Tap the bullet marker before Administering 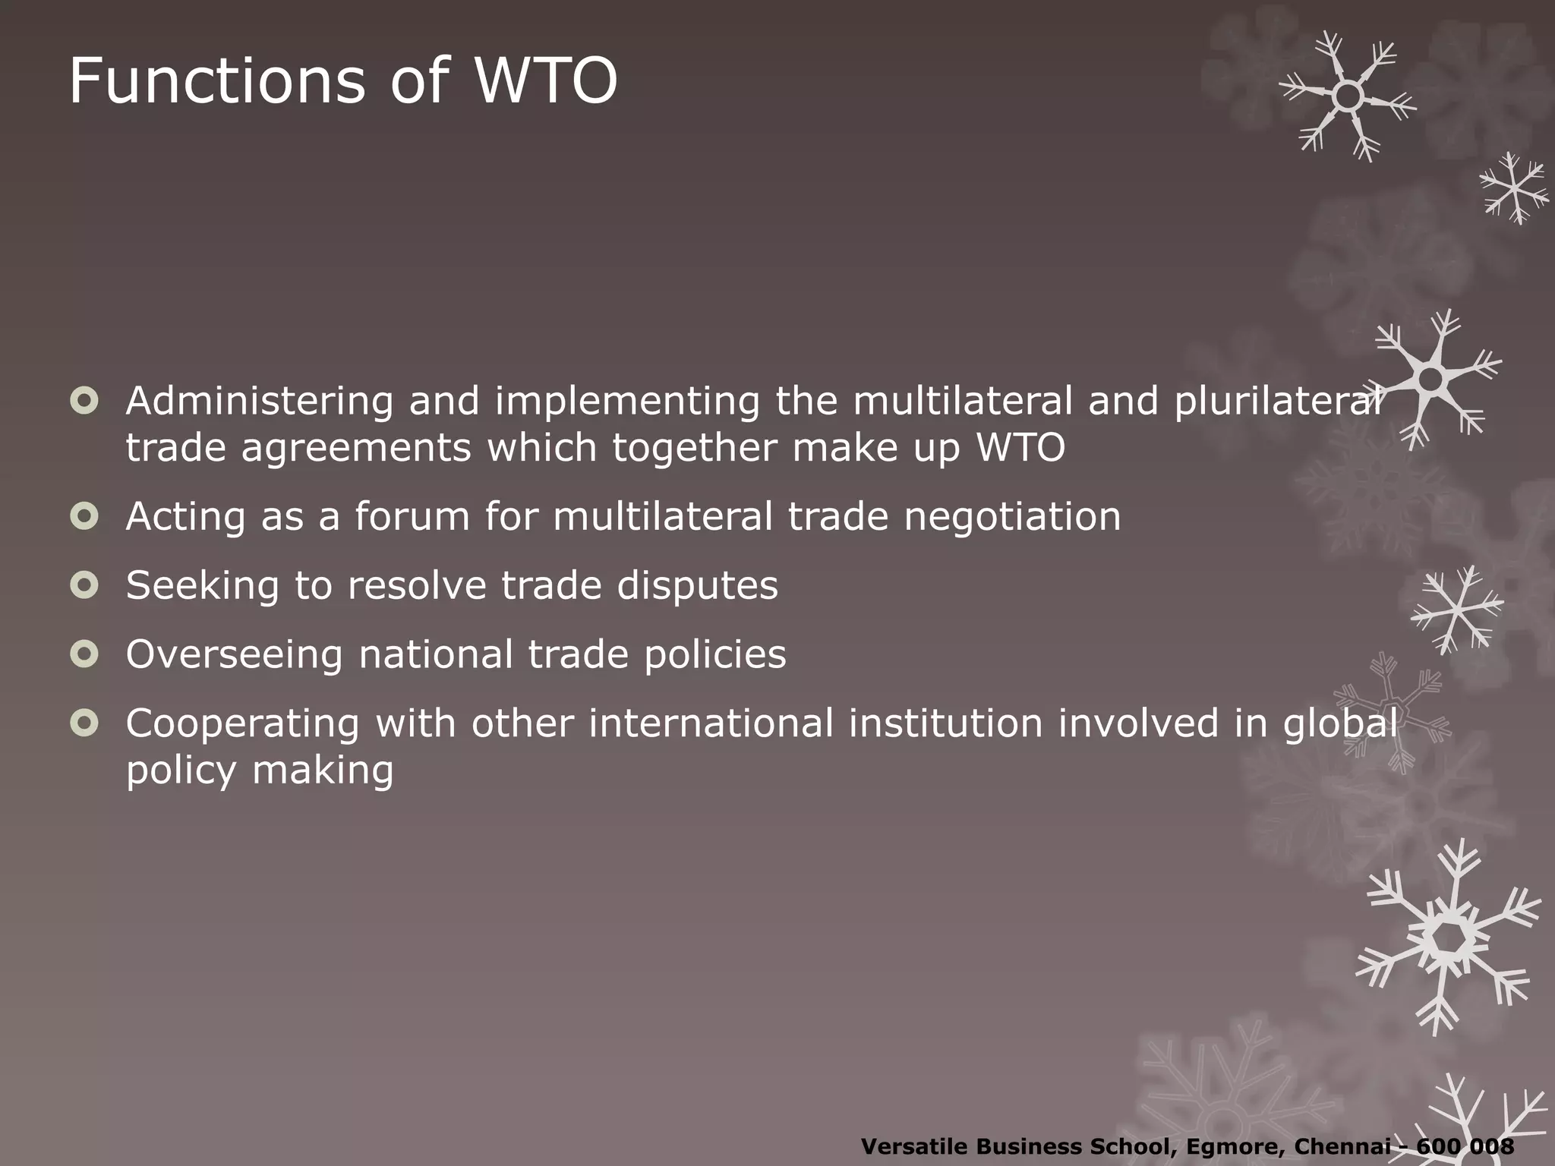[84, 400]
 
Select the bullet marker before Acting [84, 516]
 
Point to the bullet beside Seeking [84, 585]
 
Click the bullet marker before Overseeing [84, 654]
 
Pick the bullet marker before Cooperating [84, 723]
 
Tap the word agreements [357, 448]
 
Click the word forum [412, 516]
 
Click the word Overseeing [234, 655]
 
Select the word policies [714, 654]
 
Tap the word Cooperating [242, 724]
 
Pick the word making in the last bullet [323, 771]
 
